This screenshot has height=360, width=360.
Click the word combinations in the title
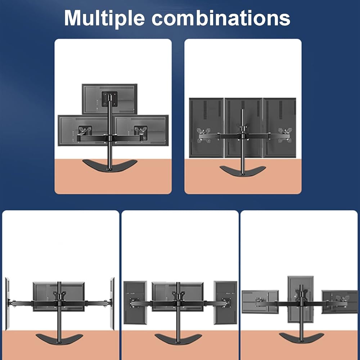click(x=221, y=18)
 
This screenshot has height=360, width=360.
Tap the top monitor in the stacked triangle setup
click(x=110, y=99)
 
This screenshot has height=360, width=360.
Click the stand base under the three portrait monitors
click(x=243, y=171)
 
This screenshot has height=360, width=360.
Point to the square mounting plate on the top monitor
click(x=110, y=99)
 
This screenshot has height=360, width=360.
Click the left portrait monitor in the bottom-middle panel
click(x=135, y=303)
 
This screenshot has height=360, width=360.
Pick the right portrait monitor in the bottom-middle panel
click(x=225, y=303)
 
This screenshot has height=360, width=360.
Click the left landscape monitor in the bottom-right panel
click(x=260, y=302)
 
